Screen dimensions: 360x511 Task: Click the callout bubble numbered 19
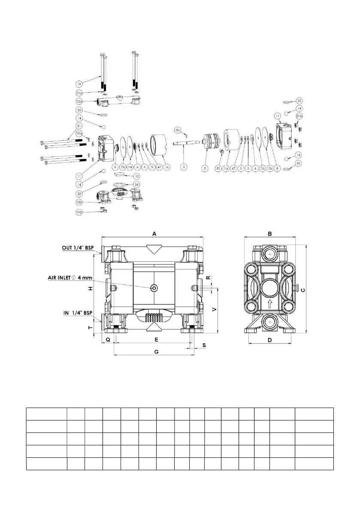79,83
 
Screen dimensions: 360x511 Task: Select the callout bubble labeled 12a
79,101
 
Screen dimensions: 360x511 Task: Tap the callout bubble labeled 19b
79,212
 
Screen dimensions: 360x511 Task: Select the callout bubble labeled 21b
299,116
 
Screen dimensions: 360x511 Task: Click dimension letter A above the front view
153,233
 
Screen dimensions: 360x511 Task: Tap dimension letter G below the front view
156,351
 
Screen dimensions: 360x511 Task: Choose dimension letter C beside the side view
302,290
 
